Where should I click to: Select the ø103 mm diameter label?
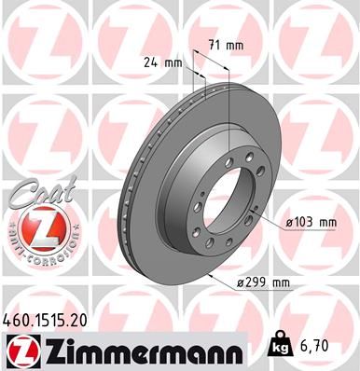tap(312, 222)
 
